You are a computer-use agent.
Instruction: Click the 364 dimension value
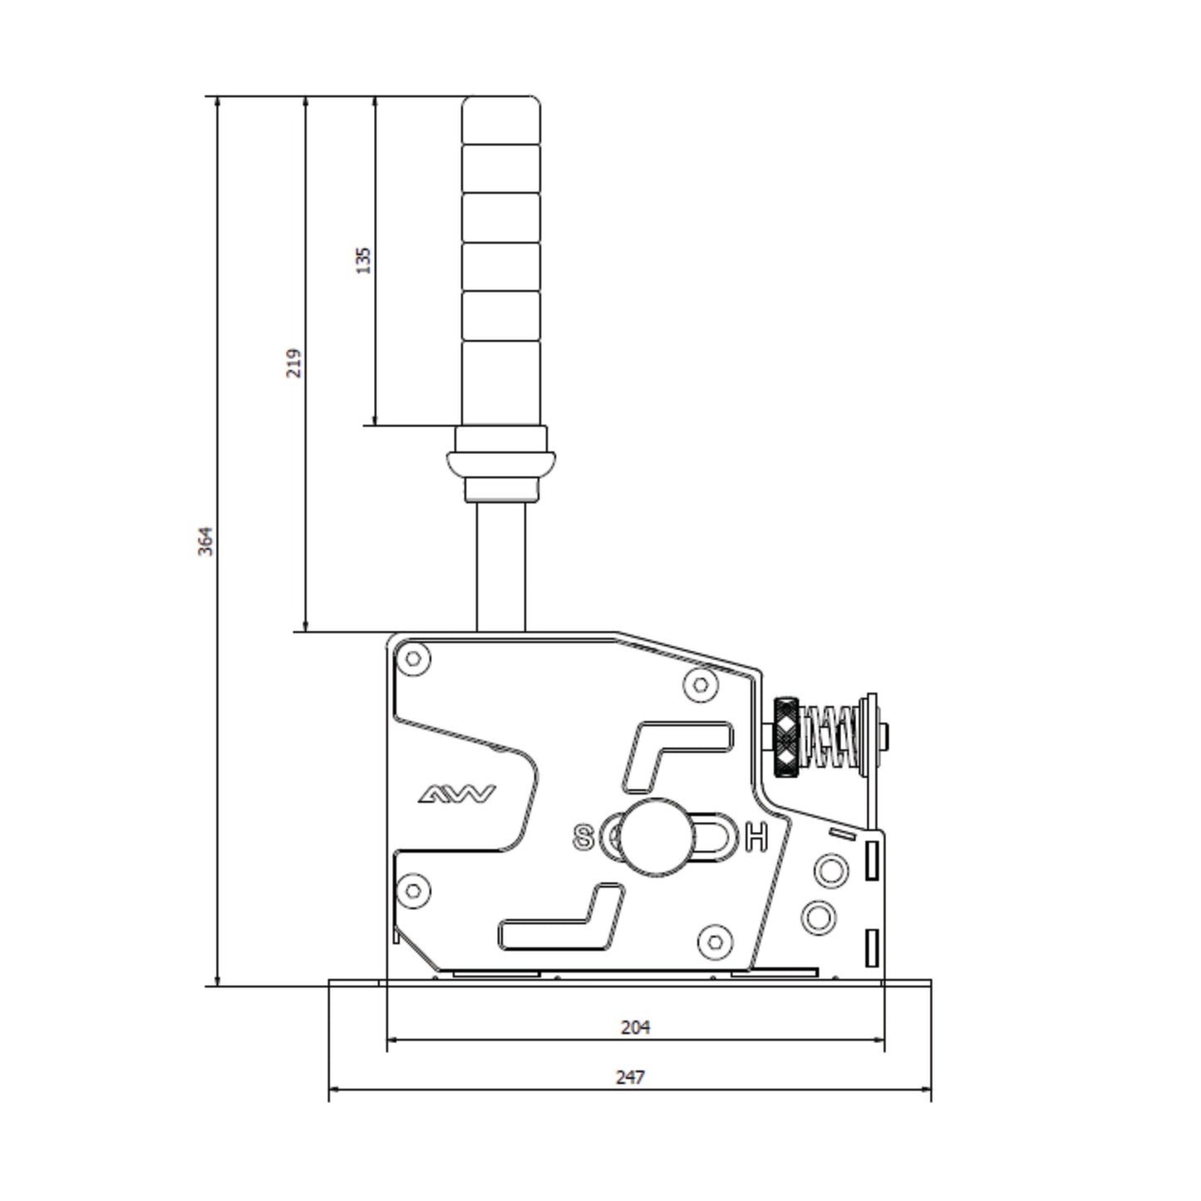[205, 541]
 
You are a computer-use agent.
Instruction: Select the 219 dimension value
[294, 363]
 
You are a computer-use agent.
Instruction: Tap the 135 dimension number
[363, 260]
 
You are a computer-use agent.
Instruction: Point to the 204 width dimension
[636, 1027]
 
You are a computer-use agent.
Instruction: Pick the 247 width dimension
[630, 1077]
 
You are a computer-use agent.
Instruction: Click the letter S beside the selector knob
[584, 838]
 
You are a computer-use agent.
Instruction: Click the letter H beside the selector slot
[756, 837]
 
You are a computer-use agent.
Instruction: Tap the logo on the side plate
[456, 795]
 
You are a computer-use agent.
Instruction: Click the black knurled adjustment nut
[786, 736]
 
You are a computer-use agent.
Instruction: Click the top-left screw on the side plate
[413, 660]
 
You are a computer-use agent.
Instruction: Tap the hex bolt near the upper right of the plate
[701, 685]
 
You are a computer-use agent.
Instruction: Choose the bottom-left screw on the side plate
[413, 891]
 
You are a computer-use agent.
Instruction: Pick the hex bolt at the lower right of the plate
[716, 940]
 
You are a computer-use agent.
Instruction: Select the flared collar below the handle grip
[501, 461]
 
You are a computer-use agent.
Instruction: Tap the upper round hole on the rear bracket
[830, 871]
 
